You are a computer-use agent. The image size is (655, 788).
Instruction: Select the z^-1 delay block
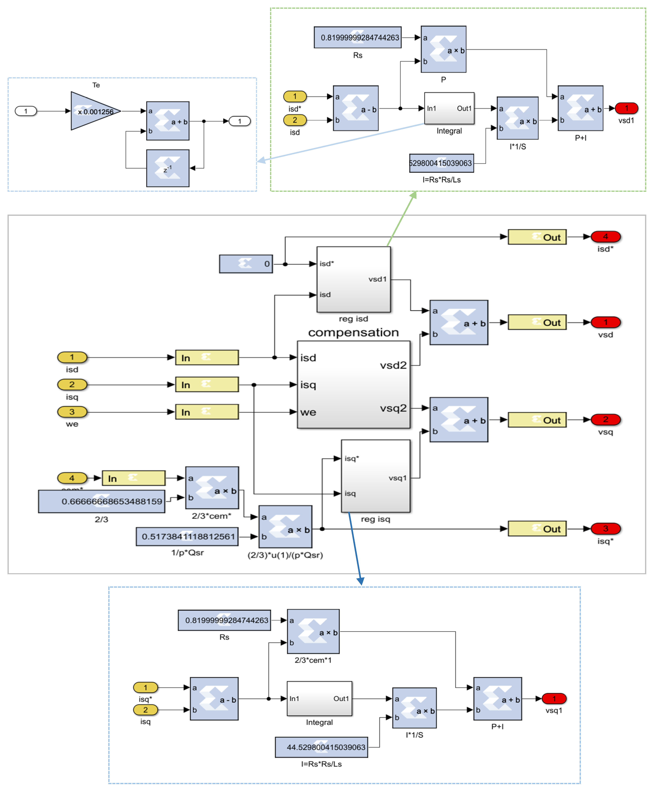pos(168,168)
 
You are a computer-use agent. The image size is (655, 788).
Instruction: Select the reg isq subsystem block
pos(375,476)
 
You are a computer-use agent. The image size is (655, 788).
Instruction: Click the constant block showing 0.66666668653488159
pos(102,501)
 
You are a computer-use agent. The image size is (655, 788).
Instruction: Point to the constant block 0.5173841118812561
pos(187,537)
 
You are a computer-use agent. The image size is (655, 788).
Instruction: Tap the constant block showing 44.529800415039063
pos(321,747)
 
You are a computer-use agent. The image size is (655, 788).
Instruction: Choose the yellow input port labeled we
pos(72,412)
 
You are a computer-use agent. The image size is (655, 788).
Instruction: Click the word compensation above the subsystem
pos(353,332)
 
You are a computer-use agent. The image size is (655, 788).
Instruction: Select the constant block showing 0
pos(246,264)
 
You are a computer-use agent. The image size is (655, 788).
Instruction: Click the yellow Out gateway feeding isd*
pos(537,237)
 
